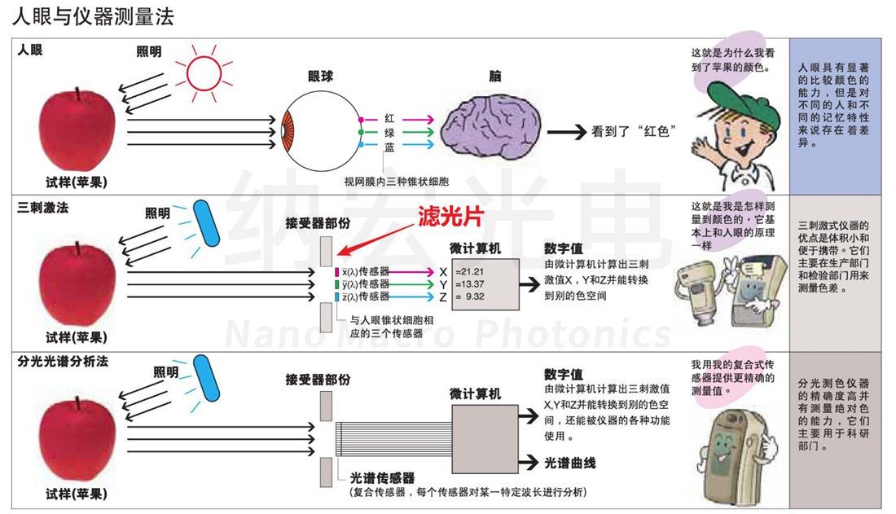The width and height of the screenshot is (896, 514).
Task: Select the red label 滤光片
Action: pos(451,215)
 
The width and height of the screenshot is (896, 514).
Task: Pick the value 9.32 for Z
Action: pos(476,297)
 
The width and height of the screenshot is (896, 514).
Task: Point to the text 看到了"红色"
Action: pos(635,131)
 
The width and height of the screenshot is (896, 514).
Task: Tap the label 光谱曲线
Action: pos(569,463)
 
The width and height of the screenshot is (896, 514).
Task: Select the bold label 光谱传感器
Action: pos(382,478)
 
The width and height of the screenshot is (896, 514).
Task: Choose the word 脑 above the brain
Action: pos(494,76)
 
